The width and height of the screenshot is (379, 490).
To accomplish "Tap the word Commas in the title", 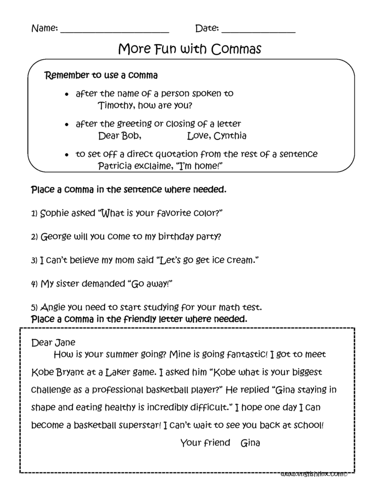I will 236,50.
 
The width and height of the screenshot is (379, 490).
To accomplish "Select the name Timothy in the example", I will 116,106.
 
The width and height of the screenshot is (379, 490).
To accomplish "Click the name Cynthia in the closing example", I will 230,135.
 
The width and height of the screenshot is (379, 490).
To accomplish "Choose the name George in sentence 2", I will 55,236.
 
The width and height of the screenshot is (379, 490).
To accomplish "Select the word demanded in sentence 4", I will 97,283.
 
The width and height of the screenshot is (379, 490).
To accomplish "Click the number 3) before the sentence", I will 34,260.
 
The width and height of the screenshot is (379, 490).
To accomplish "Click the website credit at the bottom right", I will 314,474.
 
